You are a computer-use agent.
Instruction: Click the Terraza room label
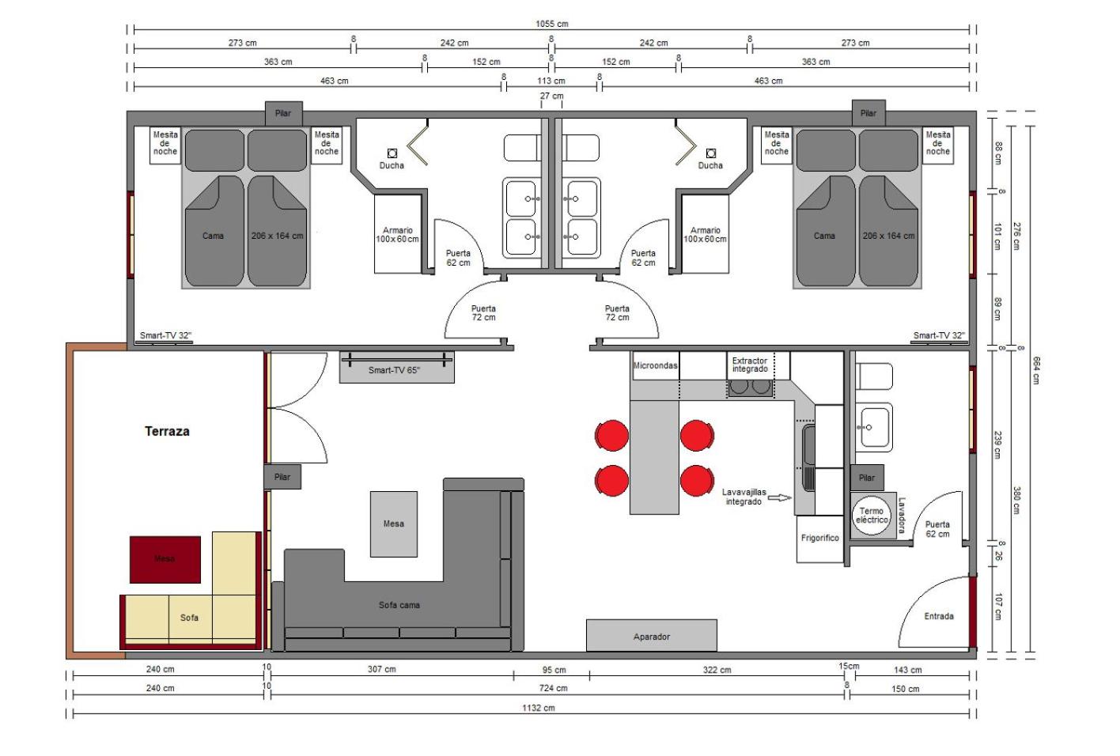pos(167,431)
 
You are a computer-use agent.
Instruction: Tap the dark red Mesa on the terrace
pos(165,560)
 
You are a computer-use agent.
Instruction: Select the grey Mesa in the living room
pos(393,524)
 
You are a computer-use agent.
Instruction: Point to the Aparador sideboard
pos(652,636)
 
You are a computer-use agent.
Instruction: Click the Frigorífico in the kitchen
pos(820,539)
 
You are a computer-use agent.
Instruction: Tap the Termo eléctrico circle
pos(872,516)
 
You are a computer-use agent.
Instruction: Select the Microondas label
pos(655,365)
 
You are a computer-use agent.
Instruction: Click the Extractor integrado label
pos(750,365)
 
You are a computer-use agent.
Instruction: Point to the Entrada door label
pos(939,616)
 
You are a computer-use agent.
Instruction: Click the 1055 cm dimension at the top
pos(552,24)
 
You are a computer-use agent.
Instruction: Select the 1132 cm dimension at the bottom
pos(539,708)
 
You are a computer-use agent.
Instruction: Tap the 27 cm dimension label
pos(551,96)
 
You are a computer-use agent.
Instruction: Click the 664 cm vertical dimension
pos(1036,370)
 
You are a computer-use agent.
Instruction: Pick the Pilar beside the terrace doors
pos(282,477)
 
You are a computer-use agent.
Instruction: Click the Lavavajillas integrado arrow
pos(780,497)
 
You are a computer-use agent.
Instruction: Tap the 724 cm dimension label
pos(553,688)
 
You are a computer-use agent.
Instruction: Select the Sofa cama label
pos(399,605)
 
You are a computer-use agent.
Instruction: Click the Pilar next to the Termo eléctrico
pos(867,478)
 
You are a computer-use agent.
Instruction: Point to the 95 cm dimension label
pos(554,670)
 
